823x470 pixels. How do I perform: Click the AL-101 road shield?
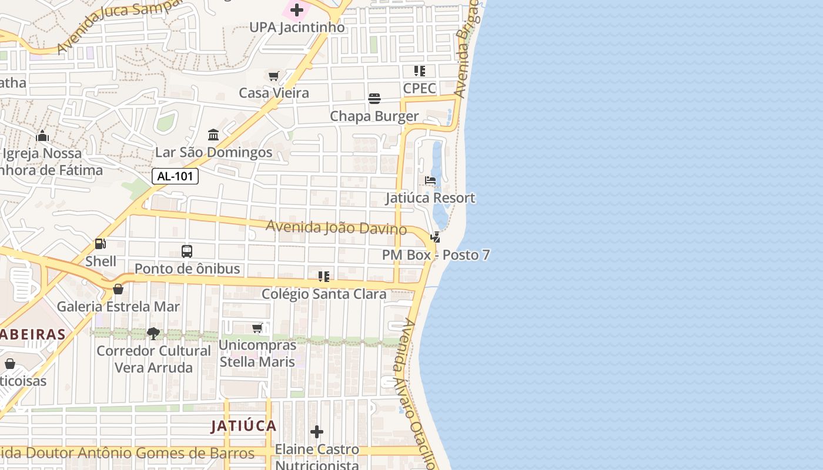[175, 176]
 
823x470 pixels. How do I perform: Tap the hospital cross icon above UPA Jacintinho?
[297, 10]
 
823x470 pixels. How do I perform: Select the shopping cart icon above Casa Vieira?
[273, 76]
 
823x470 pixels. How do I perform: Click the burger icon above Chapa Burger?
[374, 99]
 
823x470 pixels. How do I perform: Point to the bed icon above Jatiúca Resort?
[430, 180]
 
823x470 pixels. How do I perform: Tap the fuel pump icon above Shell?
[101, 244]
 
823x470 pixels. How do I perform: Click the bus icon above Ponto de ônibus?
[187, 251]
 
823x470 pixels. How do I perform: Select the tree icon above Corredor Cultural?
[153, 334]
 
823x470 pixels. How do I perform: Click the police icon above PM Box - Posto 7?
[436, 237]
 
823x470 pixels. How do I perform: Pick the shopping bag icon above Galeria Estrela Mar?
[118, 289]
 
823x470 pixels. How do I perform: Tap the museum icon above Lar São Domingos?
[213, 135]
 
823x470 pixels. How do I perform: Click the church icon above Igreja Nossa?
[42, 136]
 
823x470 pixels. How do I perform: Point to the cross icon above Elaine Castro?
[317, 432]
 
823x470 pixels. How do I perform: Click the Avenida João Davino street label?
[336, 227]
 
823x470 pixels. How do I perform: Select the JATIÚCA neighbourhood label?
[243, 426]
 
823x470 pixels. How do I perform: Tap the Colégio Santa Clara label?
[324, 294]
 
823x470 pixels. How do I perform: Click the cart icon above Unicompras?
[257, 328]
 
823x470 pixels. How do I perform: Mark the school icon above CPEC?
[420, 71]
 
